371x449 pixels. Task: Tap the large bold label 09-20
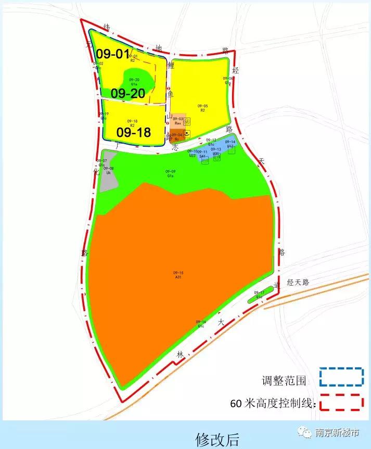pyautogui.click(x=127, y=94)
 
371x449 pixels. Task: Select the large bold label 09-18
pyautogui.click(x=133, y=133)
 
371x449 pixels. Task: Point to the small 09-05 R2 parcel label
pyautogui.click(x=203, y=108)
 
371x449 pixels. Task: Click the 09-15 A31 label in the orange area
pyautogui.click(x=178, y=275)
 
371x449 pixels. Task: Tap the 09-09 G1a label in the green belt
pyautogui.click(x=170, y=174)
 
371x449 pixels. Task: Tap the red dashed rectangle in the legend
pyautogui.click(x=341, y=402)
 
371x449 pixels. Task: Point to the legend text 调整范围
pyautogui.click(x=284, y=380)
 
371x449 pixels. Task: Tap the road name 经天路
pyautogui.click(x=298, y=282)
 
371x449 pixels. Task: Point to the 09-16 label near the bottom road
pyautogui.click(x=201, y=324)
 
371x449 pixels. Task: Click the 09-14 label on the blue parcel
pyautogui.click(x=230, y=144)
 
